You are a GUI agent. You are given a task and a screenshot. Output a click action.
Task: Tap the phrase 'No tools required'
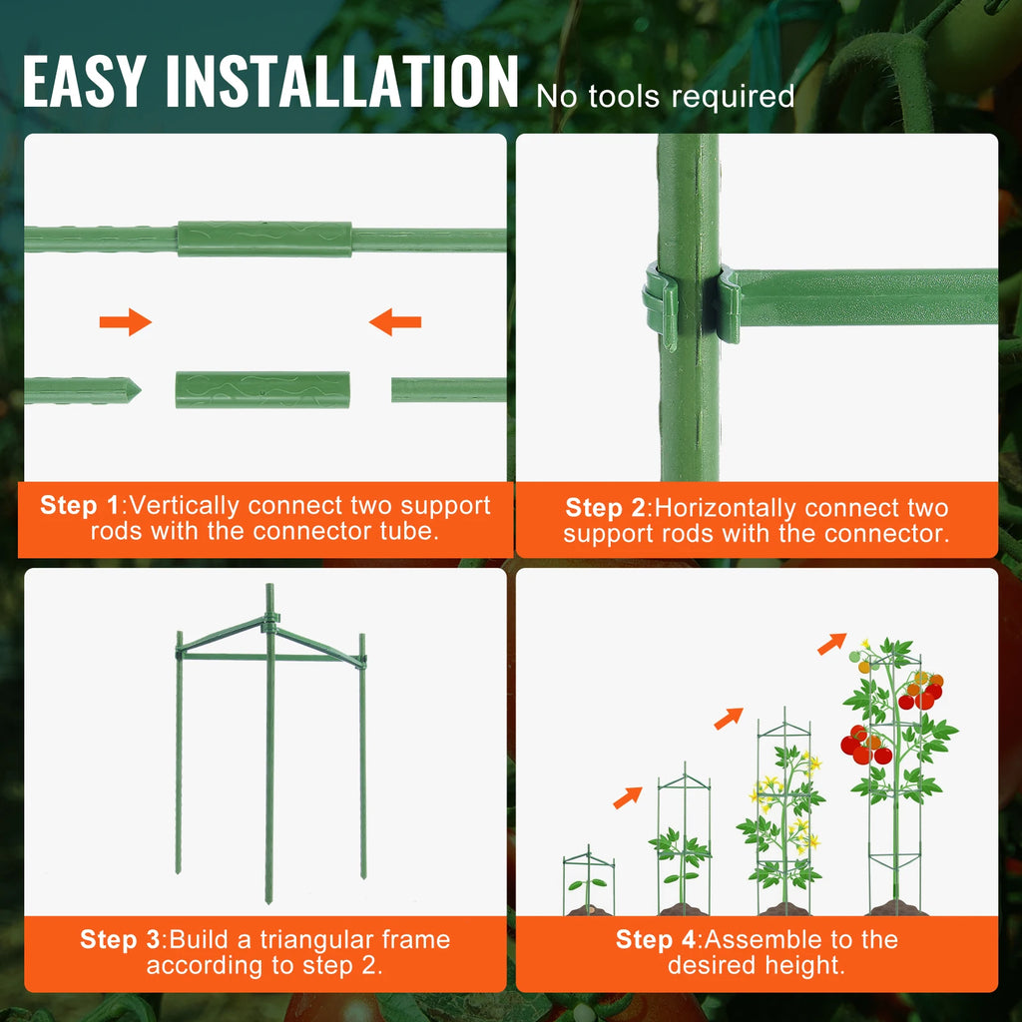coord(665,97)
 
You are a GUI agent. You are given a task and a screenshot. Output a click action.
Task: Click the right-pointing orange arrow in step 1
coord(126,321)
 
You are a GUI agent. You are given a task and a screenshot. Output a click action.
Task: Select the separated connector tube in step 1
coord(262,389)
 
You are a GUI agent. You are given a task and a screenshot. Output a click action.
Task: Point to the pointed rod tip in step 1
coord(130,390)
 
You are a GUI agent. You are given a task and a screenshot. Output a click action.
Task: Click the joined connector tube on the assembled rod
coord(264,240)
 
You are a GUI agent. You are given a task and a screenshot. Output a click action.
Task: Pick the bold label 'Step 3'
coord(120,939)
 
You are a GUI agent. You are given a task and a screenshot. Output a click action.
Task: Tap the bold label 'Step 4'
coord(656,939)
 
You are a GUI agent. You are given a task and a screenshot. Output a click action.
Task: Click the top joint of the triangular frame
coord(269,624)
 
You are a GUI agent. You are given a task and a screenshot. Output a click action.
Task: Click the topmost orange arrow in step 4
coord(831,644)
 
